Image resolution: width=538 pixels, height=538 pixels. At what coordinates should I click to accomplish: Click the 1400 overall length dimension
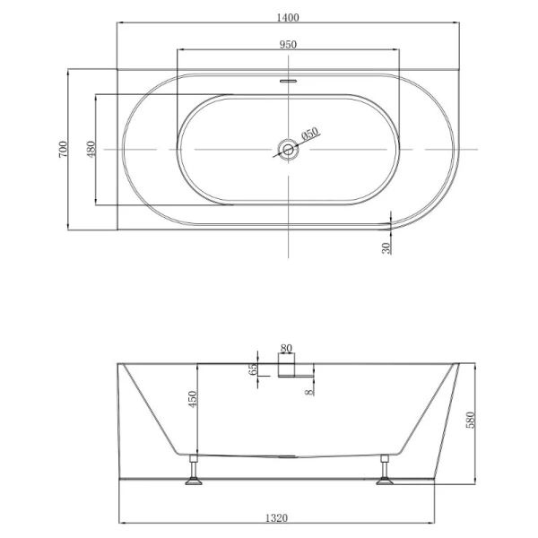point(288,17)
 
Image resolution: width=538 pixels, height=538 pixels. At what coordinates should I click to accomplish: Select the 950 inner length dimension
point(288,45)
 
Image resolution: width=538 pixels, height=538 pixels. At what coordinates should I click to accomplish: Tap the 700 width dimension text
point(63,149)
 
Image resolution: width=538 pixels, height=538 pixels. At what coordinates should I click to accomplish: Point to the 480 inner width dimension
point(91,149)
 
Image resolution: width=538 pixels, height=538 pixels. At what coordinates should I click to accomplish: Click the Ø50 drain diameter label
point(310,134)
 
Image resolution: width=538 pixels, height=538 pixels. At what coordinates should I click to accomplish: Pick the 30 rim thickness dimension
point(386,248)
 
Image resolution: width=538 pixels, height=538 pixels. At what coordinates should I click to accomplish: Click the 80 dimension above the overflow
point(286,348)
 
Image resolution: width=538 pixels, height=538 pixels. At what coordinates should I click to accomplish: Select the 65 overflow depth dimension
point(253,369)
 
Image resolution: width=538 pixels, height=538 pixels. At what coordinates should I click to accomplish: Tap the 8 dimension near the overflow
point(309,392)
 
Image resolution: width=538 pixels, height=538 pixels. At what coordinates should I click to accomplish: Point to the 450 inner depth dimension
point(193,399)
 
